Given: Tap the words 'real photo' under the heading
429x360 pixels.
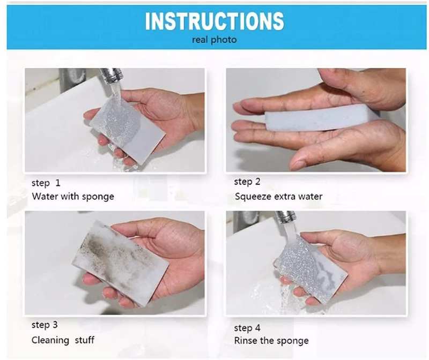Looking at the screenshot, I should [214, 40].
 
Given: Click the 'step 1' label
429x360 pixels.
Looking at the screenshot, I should [46, 183].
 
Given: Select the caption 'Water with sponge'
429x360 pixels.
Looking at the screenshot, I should [73, 196].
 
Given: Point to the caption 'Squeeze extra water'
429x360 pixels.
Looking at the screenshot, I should [278, 196].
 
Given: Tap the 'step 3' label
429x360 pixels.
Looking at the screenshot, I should [45, 325].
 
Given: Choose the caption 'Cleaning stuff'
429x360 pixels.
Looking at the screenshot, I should [63, 340].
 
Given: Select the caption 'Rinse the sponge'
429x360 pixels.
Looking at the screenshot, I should [271, 340].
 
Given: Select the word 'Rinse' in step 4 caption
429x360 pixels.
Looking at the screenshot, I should [246, 340].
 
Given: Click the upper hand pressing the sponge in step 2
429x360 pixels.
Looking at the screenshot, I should [332, 91].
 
